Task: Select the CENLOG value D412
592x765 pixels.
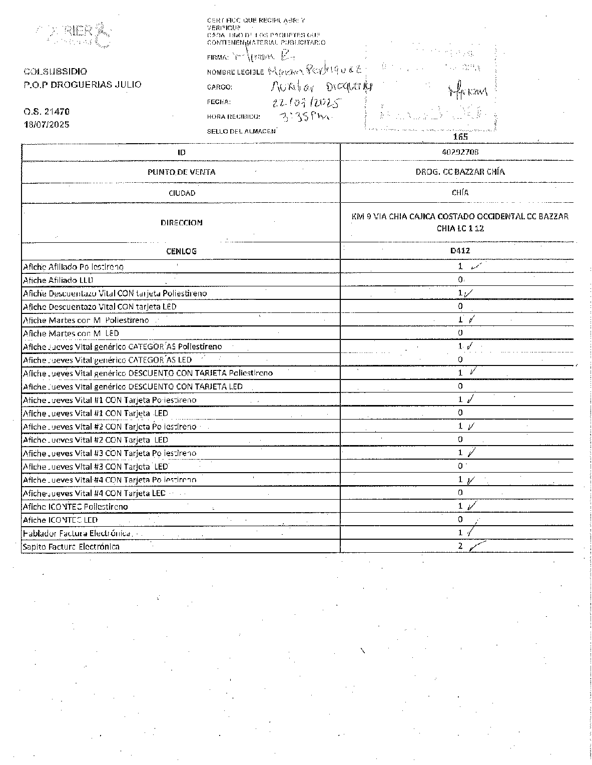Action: click(x=459, y=251)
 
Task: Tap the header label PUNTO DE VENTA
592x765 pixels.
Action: click(x=181, y=172)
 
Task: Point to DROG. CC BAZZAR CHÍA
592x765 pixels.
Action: click(x=460, y=172)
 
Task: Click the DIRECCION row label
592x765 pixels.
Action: click(x=181, y=223)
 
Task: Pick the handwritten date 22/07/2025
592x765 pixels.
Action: click(x=306, y=103)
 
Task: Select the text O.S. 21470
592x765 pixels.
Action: click(x=47, y=112)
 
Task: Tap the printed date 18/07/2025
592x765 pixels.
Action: click(x=47, y=124)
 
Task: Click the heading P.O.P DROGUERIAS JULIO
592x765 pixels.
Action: click(x=82, y=85)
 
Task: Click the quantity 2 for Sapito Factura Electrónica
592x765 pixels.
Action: click(x=460, y=546)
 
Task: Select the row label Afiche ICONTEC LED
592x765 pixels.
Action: click(x=60, y=520)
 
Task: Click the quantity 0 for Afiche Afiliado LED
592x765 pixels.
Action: click(x=460, y=279)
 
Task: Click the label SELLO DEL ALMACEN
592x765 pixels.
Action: click(x=241, y=131)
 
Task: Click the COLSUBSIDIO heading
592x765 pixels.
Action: click(x=55, y=72)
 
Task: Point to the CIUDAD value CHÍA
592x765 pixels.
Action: click(x=460, y=192)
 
